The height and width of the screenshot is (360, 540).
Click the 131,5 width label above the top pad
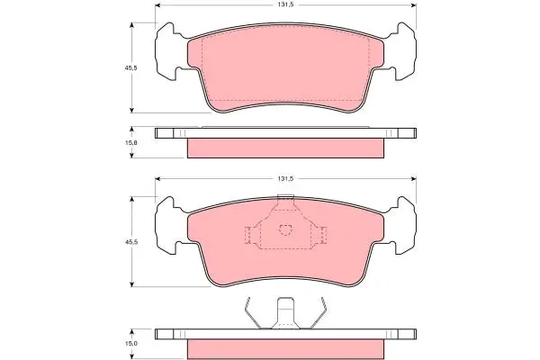(x=286, y=4)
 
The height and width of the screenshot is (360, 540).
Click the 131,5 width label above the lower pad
(x=286, y=179)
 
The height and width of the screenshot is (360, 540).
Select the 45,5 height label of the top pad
(x=130, y=67)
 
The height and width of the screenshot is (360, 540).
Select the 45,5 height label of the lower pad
(x=130, y=242)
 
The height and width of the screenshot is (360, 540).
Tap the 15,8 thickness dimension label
(x=130, y=142)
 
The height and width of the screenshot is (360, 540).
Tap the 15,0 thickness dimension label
(x=130, y=344)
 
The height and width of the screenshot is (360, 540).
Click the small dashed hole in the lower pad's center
(x=285, y=229)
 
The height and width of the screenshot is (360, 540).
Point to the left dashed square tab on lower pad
(x=248, y=235)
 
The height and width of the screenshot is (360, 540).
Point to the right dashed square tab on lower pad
(x=323, y=235)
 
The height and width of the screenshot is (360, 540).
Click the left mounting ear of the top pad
(x=167, y=51)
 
